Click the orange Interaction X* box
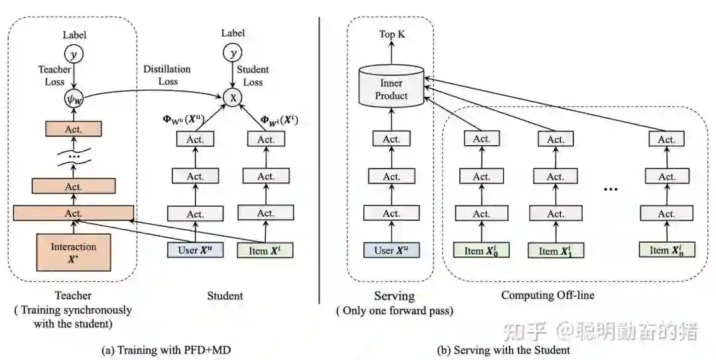coord(74,253)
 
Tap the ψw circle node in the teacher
coord(73,99)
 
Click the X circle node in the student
coord(233,97)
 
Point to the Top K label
coord(392,34)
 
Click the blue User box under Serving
coord(391,250)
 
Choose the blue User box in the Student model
coord(195,250)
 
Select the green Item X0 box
coord(481,251)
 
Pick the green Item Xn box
coord(666,250)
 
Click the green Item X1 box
coord(556,251)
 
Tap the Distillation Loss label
coord(167,76)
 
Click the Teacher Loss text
coord(54,76)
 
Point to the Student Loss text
coord(253,76)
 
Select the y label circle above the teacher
coord(74,54)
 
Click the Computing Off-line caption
coord(548,295)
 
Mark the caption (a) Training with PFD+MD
coord(166,351)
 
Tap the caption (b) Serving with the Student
coord(503,351)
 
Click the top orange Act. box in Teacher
coord(74,129)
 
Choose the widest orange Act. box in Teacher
coord(74,213)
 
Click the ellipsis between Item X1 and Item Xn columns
coord(611,189)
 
